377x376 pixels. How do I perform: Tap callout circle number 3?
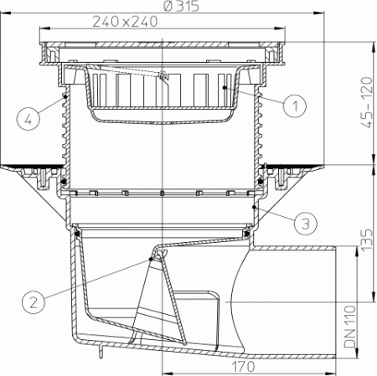(x=307, y=223)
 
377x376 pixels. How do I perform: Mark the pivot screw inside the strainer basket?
(x=163, y=78)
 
